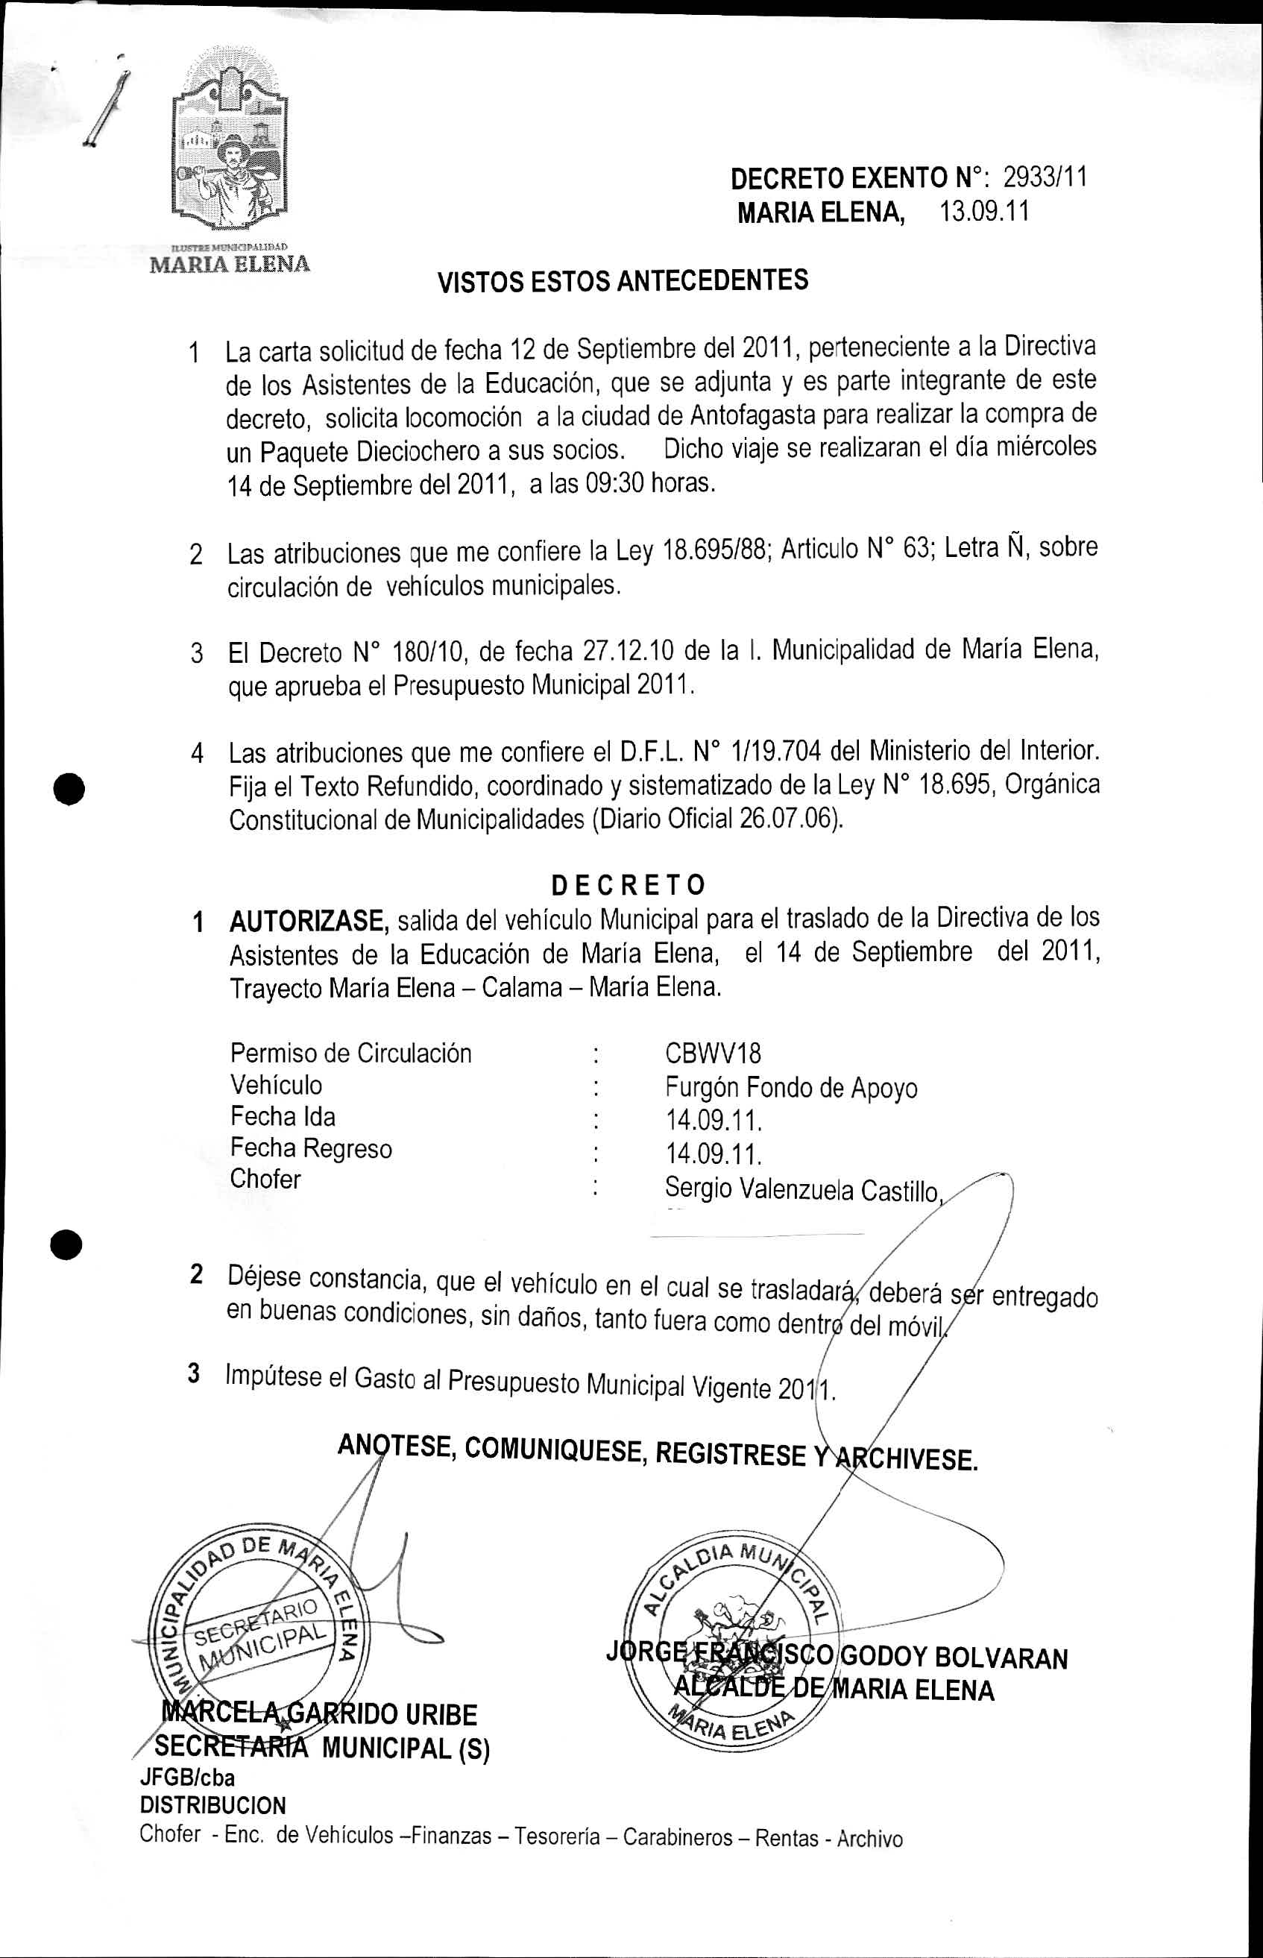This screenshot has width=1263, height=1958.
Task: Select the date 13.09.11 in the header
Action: (x=983, y=213)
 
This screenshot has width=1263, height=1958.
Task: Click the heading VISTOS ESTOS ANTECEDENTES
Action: (x=623, y=281)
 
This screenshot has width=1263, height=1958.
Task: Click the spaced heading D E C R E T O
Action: (x=628, y=886)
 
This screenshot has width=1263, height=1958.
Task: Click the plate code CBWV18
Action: (x=714, y=1054)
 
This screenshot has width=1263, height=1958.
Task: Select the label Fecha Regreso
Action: (x=311, y=1149)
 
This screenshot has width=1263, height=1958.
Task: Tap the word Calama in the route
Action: (x=516, y=986)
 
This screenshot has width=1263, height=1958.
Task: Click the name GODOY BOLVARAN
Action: (x=954, y=1658)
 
